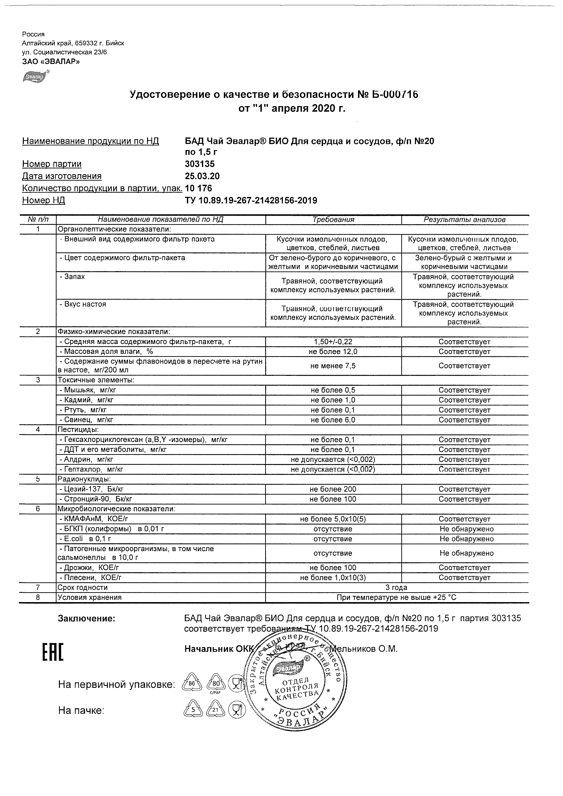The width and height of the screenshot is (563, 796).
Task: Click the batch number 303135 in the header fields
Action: (199, 164)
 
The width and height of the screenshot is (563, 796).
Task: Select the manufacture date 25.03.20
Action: (202, 176)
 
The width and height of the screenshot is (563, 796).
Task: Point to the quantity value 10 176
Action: (198, 188)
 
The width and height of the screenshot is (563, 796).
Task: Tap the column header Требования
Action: (333, 219)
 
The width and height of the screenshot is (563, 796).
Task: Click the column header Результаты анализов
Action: (465, 219)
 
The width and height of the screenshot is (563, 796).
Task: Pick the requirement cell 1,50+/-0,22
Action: (333, 342)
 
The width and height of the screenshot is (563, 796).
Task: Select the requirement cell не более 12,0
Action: (333, 351)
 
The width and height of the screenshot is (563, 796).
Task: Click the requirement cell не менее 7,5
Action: (333, 366)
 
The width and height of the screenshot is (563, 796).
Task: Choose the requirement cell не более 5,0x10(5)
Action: (333, 519)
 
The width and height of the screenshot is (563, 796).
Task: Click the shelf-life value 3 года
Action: (397, 587)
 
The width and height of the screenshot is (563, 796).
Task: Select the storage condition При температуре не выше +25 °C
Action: (397, 597)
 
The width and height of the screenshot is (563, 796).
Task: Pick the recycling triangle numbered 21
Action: (215, 710)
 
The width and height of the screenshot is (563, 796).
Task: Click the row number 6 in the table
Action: (38, 509)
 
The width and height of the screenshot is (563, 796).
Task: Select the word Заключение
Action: (86, 619)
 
